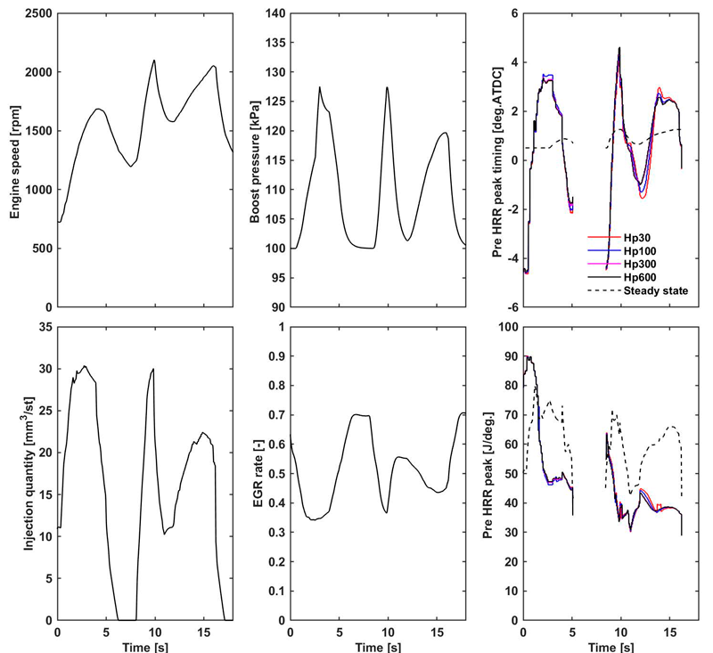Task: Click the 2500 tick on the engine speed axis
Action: (x=37, y=14)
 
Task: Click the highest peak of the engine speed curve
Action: (x=154, y=61)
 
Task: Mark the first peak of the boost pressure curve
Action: (x=319, y=87)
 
